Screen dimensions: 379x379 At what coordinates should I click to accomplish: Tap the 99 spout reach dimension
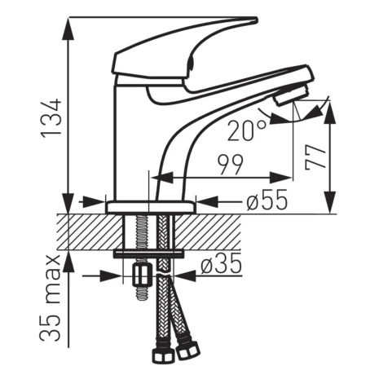pyautogui.click(x=230, y=165)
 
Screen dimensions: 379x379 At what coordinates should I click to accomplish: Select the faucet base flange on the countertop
pyautogui.click(x=151, y=207)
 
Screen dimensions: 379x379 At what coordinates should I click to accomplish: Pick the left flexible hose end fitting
pyautogui.click(x=161, y=357)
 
